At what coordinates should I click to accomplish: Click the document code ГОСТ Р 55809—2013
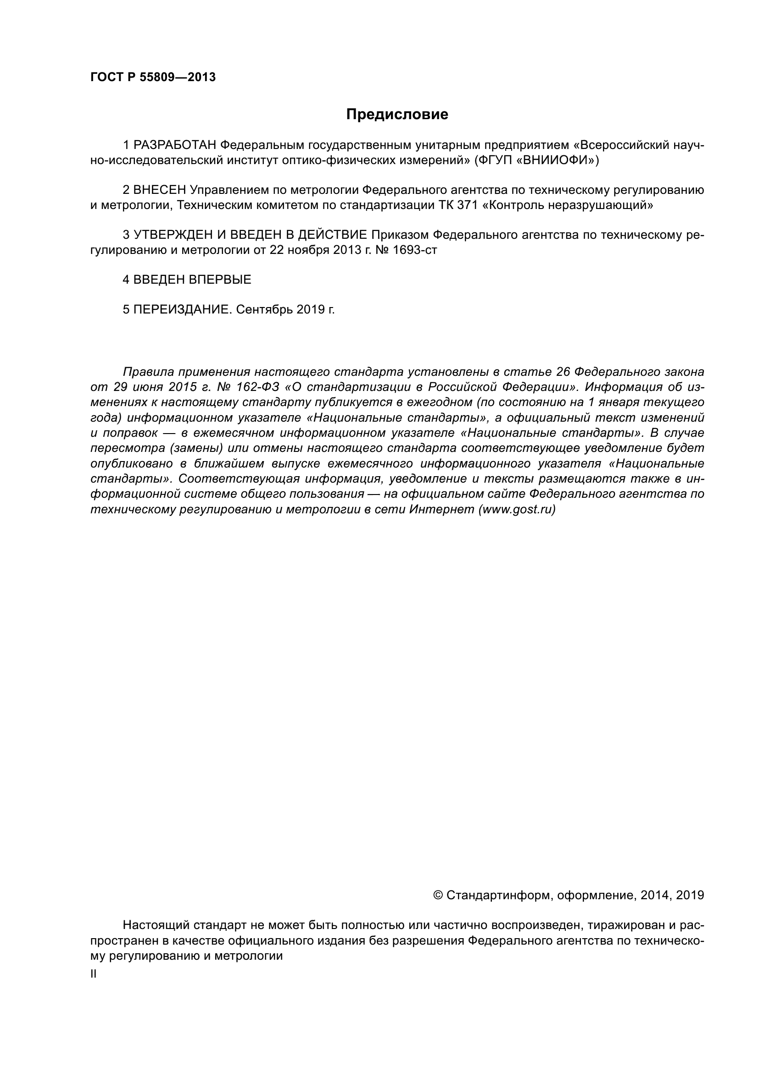[x=153, y=77]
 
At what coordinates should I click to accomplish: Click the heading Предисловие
[x=397, y=115]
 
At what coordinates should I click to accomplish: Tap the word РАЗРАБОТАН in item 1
[x=175, y=145]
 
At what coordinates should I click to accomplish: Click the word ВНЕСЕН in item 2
[x=160, y=190]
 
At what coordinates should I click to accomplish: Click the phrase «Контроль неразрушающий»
[x=567, y=205]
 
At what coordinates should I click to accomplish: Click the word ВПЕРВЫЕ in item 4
[x=220, y=280]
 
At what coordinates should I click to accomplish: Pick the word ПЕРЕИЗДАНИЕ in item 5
[x=183, y=309]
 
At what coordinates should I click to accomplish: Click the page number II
[x=94, y=974]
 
